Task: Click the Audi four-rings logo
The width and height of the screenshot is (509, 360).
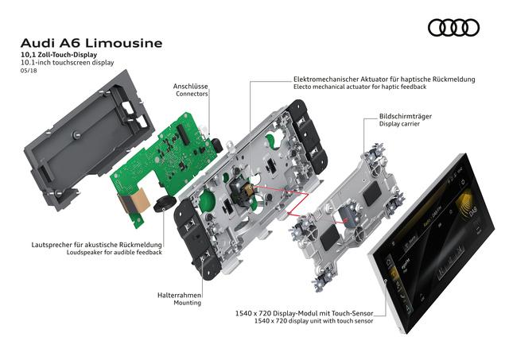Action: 453,29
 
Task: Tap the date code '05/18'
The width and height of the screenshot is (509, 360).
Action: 29,69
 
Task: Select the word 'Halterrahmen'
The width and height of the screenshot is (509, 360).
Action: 180,294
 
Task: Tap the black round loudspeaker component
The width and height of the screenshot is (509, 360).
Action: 165,202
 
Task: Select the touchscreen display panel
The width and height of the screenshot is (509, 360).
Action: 434,238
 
